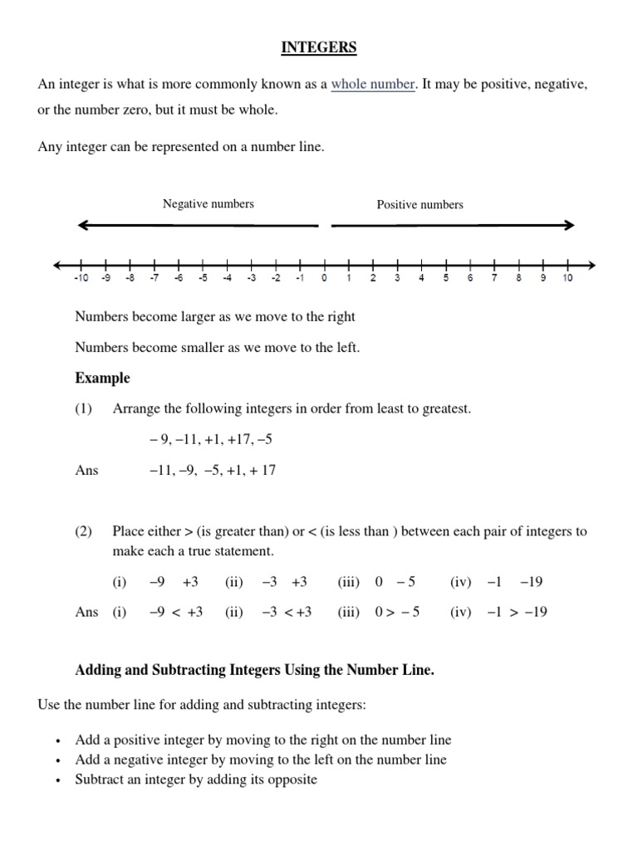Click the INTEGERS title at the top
(x=319, y=48)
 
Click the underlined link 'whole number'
(x=373, y=85)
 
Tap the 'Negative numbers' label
(x=209, y=203)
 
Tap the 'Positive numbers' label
(x=420, y=204)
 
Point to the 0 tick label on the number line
(x=325, y=279)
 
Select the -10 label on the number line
(x=81, y=279)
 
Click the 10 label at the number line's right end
(x=568, y=279)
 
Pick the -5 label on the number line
(x=202, y=279)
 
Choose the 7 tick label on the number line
(x=494, y=279)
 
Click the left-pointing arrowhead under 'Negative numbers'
(x=84, y=225)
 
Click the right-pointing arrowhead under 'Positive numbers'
(x=568, y=225)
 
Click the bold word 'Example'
(x=102, y=379)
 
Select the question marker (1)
(x=84, y=409)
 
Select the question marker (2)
(x=84, y=531)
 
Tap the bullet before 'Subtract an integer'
(x=57, y=781)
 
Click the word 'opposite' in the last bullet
(x=292, y=780)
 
